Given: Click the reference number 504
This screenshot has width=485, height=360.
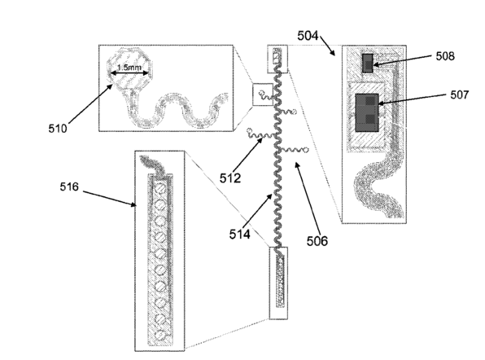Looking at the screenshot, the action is pos(308,36).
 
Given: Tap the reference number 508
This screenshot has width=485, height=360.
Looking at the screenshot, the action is pos(445,56).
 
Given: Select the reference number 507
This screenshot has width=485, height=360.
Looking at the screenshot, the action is pos(459,94).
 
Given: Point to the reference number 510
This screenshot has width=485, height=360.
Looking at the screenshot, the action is pos(58,128).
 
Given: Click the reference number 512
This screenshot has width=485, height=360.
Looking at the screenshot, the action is pos(230,178).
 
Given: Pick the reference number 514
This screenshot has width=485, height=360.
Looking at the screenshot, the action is pos(240,234).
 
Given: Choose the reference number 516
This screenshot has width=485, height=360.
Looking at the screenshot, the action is pos(69,187).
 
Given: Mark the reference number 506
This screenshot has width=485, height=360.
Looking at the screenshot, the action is pos(317,240).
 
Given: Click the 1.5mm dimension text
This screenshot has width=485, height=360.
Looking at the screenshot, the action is pos(129,67).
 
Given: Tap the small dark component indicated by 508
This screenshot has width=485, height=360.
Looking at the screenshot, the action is pos(368,64).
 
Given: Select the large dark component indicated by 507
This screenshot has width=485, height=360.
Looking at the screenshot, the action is pos(367,112).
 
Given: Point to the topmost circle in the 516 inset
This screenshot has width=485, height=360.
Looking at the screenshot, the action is pos(160,188).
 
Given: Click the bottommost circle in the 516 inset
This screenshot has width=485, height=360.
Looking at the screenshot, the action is pos(160,335).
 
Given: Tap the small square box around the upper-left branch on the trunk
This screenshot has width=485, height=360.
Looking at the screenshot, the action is pos(263,94).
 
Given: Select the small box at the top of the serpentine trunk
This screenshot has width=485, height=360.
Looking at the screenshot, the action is pos(277,59).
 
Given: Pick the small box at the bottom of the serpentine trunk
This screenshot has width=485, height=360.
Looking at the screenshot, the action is pos(278,283).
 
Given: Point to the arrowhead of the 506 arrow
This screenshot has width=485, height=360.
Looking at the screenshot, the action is pos(296,165).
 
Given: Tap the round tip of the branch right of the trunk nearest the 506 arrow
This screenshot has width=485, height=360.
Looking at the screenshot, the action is pos(306,150).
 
